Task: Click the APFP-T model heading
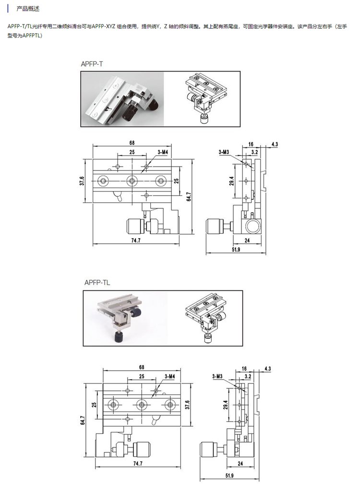click(92, 64)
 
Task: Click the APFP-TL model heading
click(97, 283)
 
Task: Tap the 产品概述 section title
click(28, 9)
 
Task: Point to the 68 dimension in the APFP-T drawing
click(132, 143)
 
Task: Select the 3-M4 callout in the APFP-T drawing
click(163, 152)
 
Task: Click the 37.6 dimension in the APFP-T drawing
click(82, 181)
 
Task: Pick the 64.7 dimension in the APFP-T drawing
click(189, 197)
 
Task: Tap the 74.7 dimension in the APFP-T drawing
click(136, 240)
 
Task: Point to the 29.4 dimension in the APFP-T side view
click(231, 181)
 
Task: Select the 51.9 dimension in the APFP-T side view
click(236, 250)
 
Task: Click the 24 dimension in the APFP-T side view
click(247, 240)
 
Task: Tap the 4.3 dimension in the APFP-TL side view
click(267, 369)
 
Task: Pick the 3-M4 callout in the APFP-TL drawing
click(170, 376)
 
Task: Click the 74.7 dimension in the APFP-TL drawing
click(138, 463)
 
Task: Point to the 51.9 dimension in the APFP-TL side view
click(229, 476)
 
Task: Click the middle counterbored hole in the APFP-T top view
click(132, 181)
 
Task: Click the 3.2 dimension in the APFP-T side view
click(255, 152)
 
